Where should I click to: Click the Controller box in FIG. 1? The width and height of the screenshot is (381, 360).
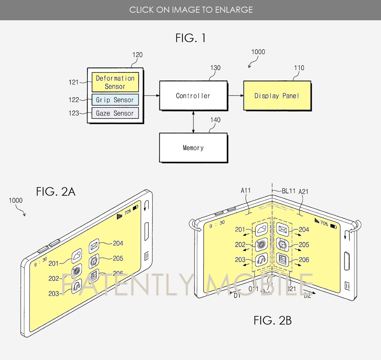pos(193,96)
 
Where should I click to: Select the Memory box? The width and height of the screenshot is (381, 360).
pos(193,148)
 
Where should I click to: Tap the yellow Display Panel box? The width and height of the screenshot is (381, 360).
pos(277,96)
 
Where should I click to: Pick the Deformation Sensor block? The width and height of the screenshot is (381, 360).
pos(115,82)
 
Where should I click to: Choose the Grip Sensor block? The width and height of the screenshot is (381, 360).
pos(115,100)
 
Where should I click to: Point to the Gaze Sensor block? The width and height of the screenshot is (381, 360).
pos(115,113)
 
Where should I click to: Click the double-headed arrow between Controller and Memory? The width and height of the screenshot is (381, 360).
pos(193,122)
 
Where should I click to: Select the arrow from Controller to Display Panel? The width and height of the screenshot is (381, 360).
pos(236,95)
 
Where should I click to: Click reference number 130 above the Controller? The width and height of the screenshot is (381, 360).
pos(215,68)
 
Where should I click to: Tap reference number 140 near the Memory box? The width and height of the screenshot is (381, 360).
pos(215,120)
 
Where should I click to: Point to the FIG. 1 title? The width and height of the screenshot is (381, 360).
pos(191,38)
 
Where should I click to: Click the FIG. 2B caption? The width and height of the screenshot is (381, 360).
pos(272,320)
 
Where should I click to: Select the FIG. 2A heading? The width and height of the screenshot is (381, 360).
pos(56,192)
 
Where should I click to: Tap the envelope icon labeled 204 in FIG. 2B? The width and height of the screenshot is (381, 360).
pos(282,229)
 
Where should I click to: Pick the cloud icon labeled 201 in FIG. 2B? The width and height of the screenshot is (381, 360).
pos(262,229)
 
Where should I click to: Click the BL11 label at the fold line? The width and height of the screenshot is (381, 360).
pos(288,191)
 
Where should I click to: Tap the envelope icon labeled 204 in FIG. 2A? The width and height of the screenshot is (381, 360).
pos(94,245)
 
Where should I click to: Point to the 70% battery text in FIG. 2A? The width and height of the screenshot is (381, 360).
pos(128,212)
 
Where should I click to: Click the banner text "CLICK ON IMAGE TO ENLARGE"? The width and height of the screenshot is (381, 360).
pos(191,10)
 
